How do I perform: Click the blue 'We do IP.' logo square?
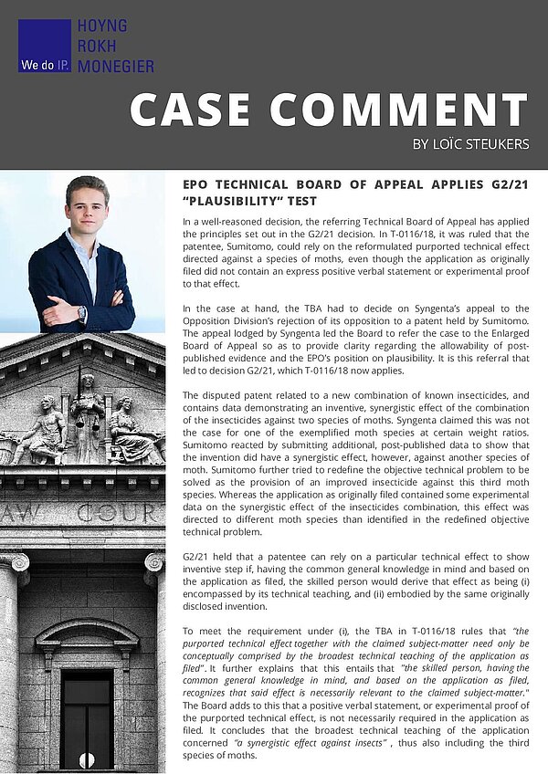tap(44, 46)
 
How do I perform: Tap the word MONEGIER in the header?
tap(116, 66)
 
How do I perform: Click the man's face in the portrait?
tap(87, 206)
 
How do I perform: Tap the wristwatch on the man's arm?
tap(82, 313)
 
